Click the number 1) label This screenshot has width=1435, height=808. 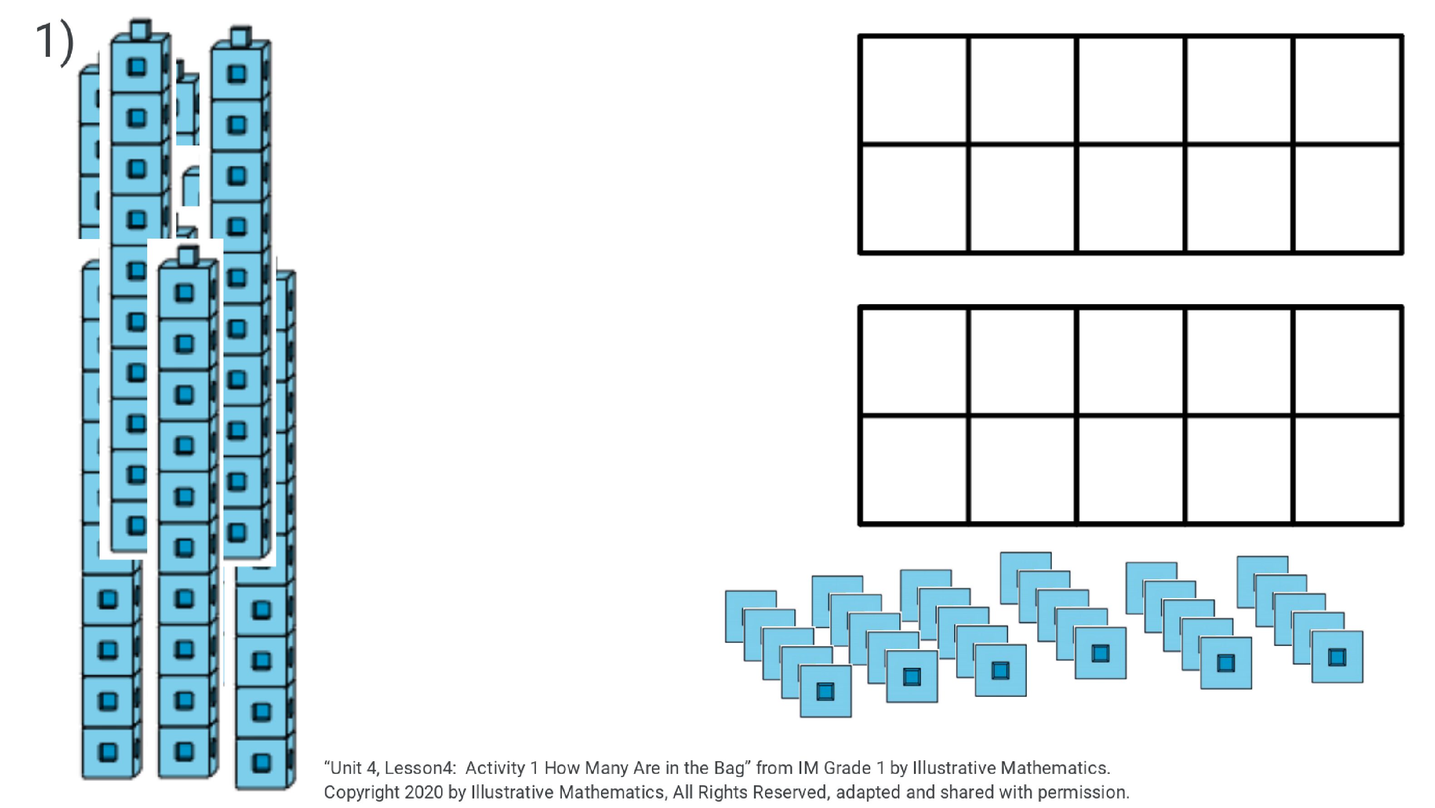(54, 41)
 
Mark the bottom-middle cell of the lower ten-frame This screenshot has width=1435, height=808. (1131, 470)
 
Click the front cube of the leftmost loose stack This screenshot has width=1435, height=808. (825, 691)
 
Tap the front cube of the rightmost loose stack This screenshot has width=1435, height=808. (1337, 656)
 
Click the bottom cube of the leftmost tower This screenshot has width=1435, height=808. (109, 752)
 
